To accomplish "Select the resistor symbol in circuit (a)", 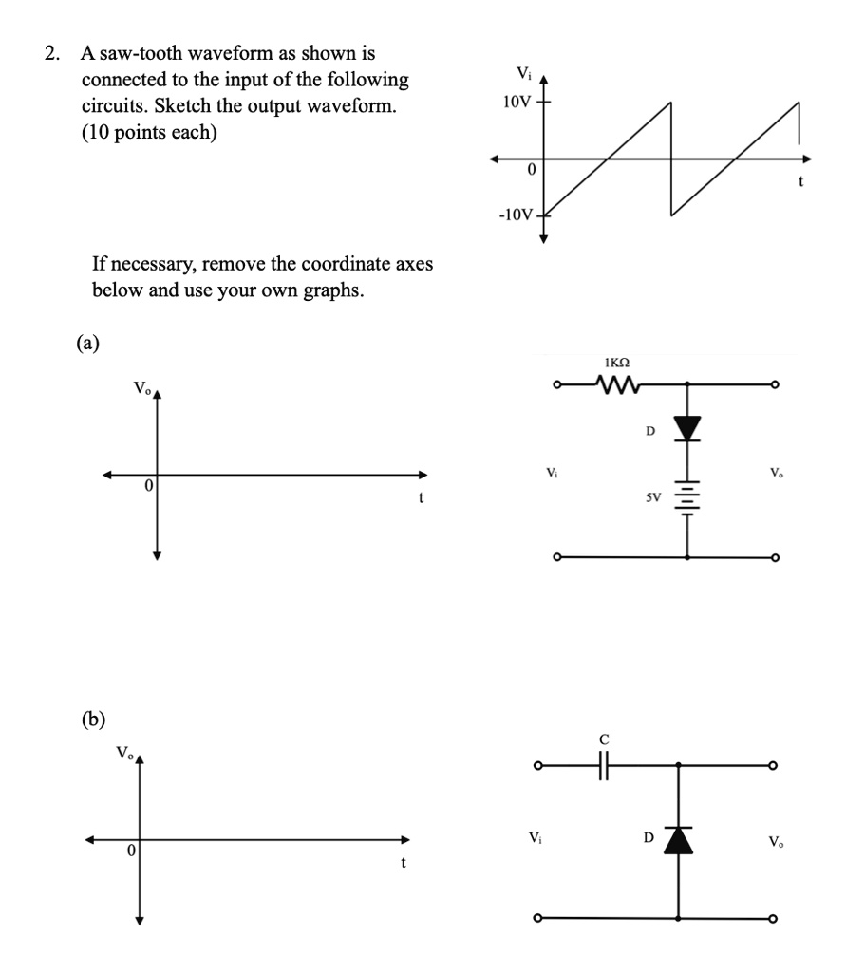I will (617, 384).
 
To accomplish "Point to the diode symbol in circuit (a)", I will (686, 428).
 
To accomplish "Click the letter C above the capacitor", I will (602, 738).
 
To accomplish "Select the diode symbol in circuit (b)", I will (678, 840).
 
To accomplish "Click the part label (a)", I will (87, 342).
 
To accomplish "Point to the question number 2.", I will (50, 54).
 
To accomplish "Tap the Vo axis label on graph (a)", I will (141, 388).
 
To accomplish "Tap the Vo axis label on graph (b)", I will (124, 754).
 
